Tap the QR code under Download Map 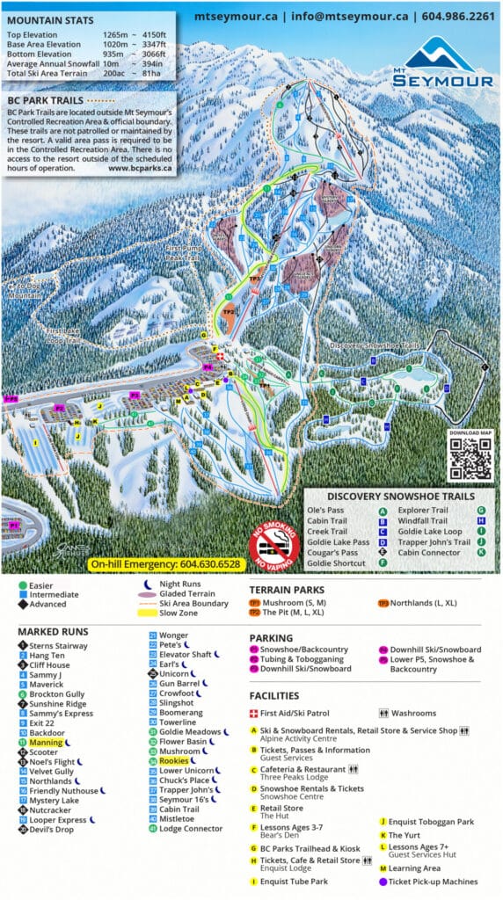point(470,458)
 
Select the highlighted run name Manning point(45,743)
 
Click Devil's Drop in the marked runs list point(51,829)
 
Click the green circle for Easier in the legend point(21,584)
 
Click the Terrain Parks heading point(287,591)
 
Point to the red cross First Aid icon point(255,713)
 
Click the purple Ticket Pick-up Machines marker point(383,882)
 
